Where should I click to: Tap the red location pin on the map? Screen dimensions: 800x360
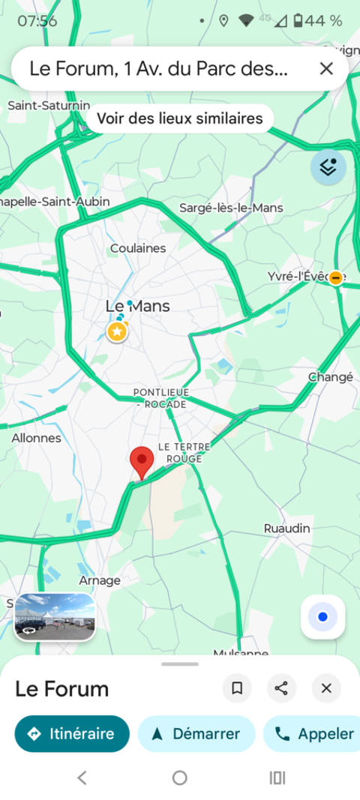[142, 460]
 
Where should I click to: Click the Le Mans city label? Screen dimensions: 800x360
[137, 306]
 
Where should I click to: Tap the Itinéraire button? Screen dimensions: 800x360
[71, 734]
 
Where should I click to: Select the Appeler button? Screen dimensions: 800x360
[314, 734]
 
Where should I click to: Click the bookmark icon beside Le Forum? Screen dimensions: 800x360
[237, 688]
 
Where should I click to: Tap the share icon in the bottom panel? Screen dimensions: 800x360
[281, 688]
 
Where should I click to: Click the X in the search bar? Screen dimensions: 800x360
[326, 69]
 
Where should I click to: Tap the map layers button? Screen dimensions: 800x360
[328, 167]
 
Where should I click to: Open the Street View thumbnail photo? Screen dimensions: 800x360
[55, 617]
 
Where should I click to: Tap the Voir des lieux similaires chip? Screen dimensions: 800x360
[180, 118]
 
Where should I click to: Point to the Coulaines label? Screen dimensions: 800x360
[138, 248]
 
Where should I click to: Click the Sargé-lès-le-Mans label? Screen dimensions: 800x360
[231, 208]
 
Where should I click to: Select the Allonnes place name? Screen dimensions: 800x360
[36, 438]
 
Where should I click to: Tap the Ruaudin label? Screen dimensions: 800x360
[286, 529]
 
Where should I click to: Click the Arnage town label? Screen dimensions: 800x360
[100, 580]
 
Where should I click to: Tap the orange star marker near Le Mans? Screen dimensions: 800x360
[116, 331]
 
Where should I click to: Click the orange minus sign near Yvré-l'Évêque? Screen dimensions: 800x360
[337, 277]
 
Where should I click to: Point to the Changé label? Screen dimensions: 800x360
[331, 377]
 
